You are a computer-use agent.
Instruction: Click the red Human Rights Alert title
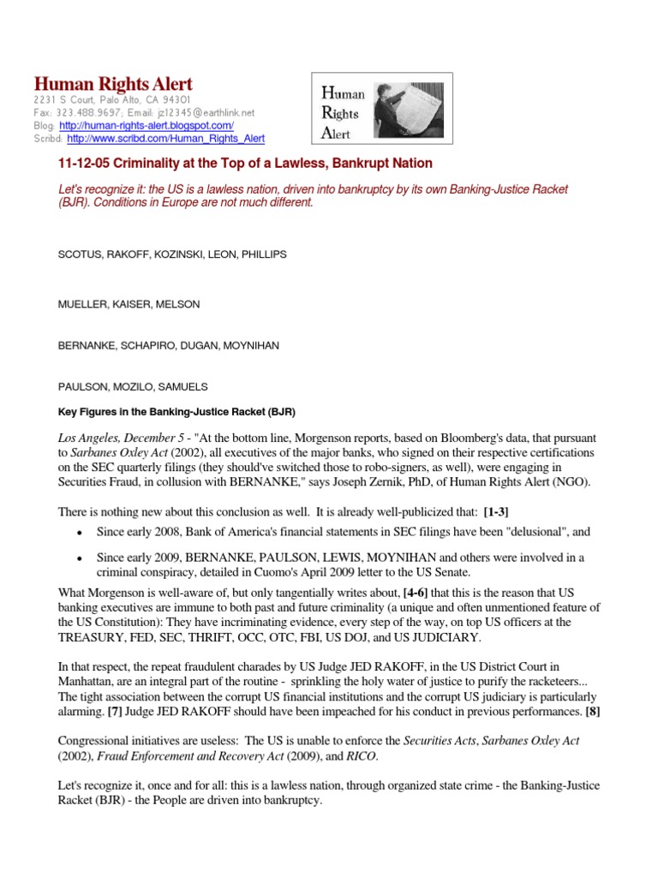(x=113, y=84)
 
